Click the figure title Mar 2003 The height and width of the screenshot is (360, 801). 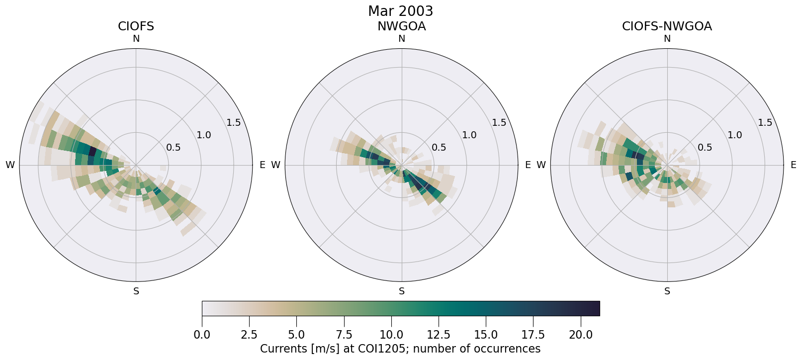point(400,11)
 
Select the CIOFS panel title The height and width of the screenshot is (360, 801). point(136,26)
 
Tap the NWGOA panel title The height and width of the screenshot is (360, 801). point(401,26)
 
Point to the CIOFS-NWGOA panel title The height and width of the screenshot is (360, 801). point(667,26)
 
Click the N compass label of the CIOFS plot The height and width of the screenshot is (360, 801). point(136,39)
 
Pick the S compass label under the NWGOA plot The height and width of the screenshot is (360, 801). point(402,291)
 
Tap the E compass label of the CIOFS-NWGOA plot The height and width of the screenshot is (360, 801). point(793,165)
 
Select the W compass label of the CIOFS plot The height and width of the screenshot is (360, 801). point(10,165)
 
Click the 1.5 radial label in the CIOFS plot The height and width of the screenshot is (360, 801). point(234,123)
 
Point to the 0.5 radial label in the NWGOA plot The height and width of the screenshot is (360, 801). point(439,148)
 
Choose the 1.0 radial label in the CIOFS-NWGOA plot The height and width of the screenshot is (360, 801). point(735,135)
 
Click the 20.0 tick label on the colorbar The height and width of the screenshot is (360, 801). point(580,335)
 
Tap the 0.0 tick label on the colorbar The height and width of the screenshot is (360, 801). point(202,335)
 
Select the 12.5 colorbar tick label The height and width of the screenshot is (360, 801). point(439,335)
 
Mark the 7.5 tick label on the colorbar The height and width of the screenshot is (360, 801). point(344,335)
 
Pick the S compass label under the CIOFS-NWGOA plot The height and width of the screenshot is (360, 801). point(667,291)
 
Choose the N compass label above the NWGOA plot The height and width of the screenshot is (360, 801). point(402,39)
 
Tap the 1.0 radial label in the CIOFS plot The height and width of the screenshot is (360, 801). point(204,135)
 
